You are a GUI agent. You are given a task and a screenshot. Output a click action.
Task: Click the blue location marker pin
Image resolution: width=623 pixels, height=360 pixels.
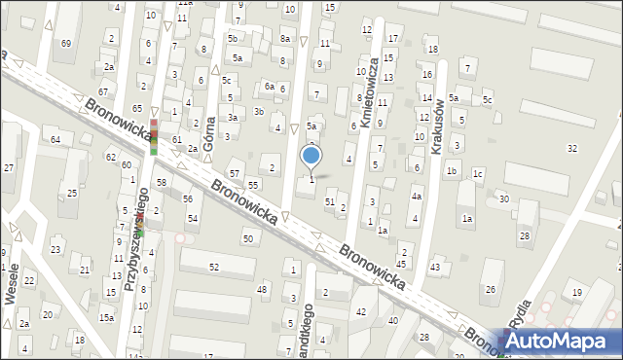[x=311, y=156]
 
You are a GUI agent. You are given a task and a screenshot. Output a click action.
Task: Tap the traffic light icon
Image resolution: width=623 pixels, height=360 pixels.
[x=153, y=137]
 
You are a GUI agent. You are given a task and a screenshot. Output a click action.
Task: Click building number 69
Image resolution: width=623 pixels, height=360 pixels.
[x=66, y=44]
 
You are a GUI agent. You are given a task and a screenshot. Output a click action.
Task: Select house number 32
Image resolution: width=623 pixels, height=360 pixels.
[x=572, y=148]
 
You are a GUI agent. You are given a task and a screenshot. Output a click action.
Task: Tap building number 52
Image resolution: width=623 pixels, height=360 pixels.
[x=214, y=267]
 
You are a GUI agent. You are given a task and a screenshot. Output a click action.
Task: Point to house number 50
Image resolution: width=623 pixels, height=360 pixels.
[x=248, y=238]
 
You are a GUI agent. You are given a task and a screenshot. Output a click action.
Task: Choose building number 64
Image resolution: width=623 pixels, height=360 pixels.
[x=55, y=140]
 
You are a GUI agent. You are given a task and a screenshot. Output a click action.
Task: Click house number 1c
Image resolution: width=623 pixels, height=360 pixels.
[x=478, y=173]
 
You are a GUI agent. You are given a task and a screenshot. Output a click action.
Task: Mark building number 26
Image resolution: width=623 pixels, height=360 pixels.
[x=491, y=289]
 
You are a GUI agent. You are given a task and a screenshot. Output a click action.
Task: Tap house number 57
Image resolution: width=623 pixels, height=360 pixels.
[x=234, y=172]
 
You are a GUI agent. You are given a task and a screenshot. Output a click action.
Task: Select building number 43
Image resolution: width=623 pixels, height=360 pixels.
[x=435, y=267]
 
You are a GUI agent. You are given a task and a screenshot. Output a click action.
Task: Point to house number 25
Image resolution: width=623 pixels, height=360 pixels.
[x=73, y=194]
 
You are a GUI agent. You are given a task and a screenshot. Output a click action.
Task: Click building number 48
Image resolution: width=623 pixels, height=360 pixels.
[x=261, y=289]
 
